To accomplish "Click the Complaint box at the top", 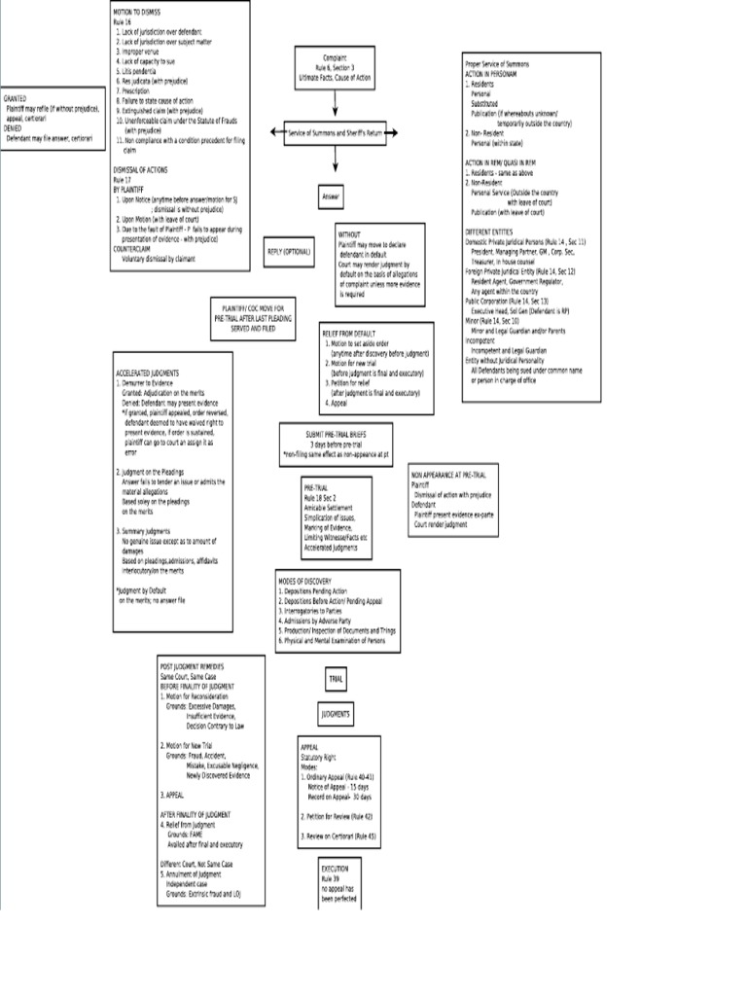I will pos(334,67).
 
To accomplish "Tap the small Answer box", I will pos(332,196).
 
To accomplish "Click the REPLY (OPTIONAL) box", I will pos(289,252).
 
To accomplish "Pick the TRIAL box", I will pos(336,678).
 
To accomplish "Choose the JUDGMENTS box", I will pos(336,714).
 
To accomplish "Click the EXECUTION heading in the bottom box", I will pos(335,867).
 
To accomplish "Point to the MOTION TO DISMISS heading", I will pos(137,11).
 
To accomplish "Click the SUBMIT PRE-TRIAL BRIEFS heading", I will pos(336,434).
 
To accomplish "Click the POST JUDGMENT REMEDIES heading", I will pos(192,666).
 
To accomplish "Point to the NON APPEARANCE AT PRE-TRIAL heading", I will pos(448,475).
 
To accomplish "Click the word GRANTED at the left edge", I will pos(15,99).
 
